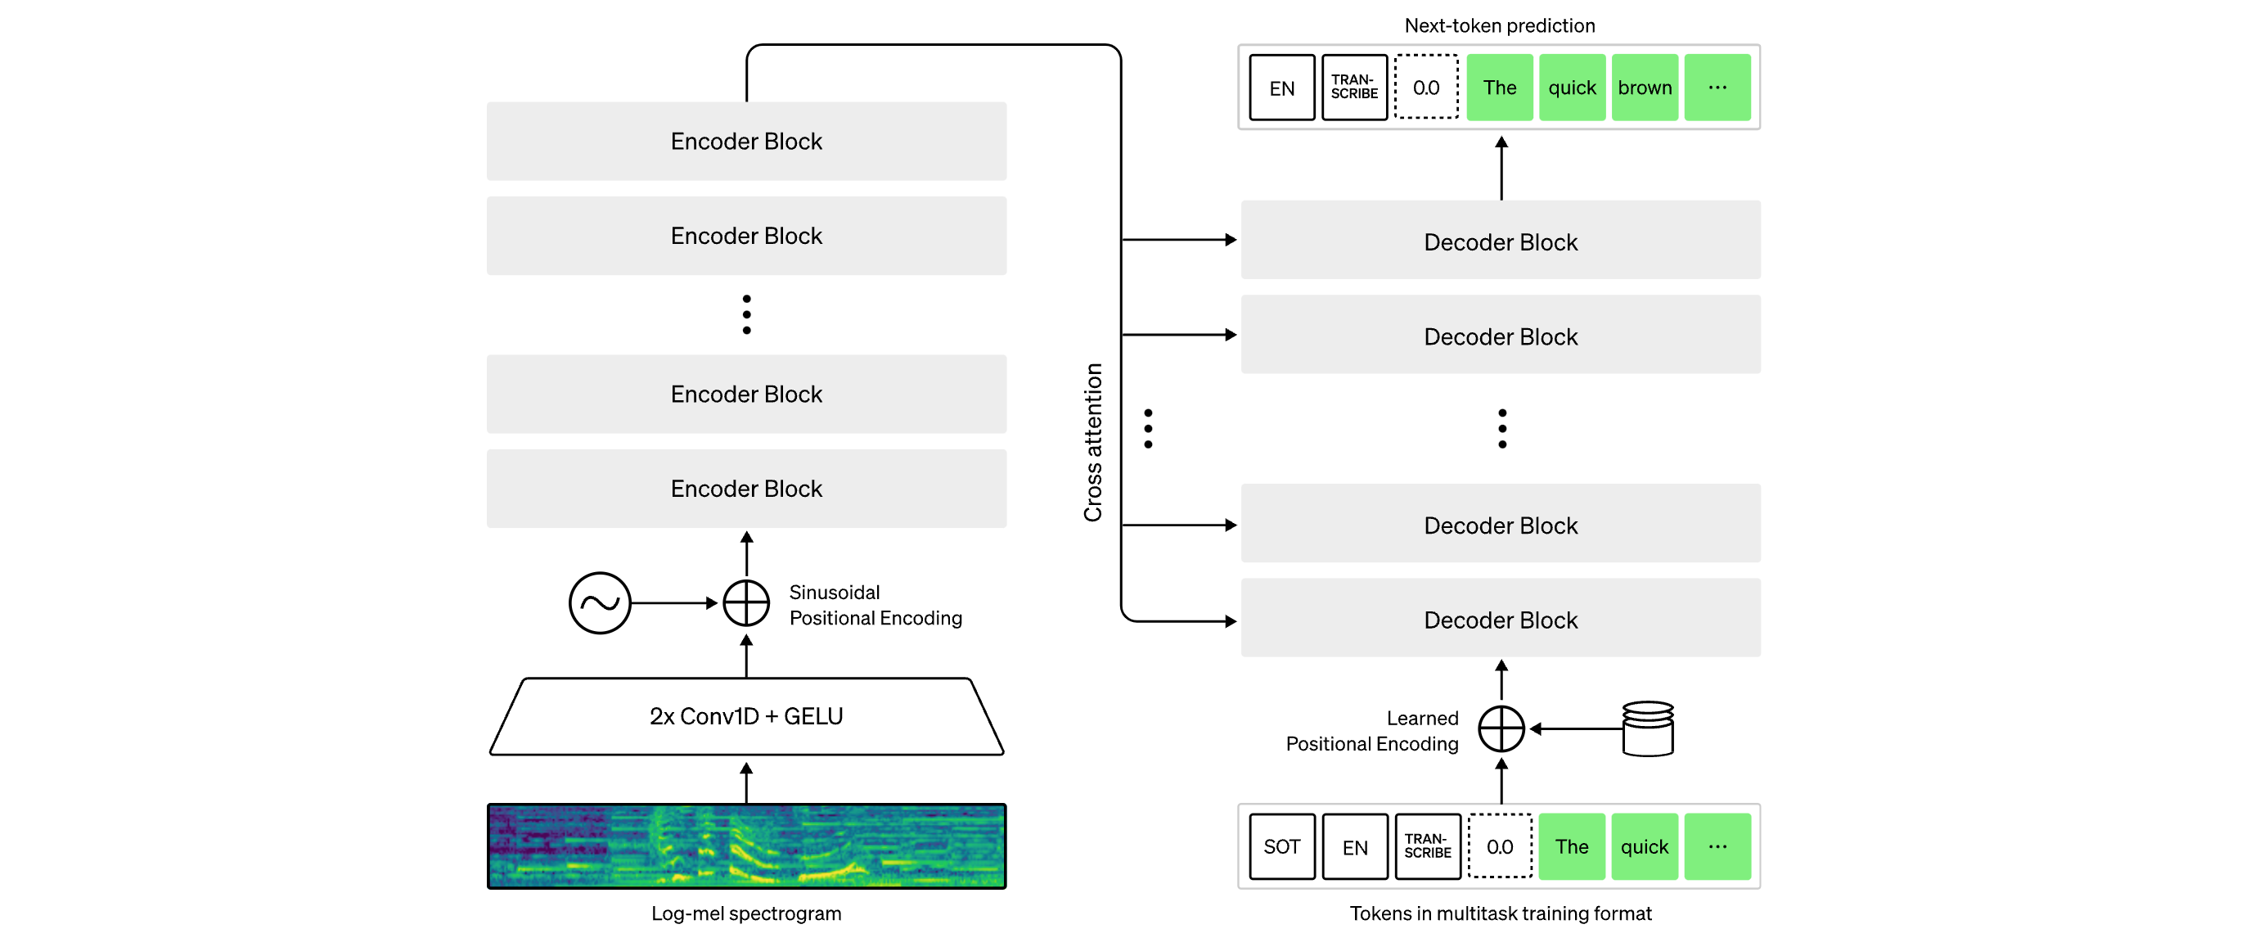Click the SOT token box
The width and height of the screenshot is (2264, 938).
click(1282, 846)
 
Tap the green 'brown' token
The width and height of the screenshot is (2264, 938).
click(1645, 87)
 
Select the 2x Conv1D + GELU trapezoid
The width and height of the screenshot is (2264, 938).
click(746, 716)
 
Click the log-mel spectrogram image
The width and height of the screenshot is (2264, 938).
click(746, 846)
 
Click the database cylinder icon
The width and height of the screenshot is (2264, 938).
click(1648, 728)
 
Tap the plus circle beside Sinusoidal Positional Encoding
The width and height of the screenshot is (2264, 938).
click(746, 603)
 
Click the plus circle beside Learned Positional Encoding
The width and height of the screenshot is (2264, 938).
click(1501, 728)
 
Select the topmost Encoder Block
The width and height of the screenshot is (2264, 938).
click(746, 142)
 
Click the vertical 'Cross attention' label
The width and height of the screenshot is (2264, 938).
click(1092, 442)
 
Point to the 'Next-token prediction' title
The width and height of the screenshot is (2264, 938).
click(1499, 25)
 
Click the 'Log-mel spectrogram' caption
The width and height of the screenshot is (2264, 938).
click(746, 913)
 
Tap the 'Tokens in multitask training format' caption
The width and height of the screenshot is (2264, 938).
click(1501, 913)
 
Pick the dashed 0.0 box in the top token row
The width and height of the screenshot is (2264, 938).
click(1426, 87)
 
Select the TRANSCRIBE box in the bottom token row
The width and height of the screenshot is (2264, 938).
click(1427, 846)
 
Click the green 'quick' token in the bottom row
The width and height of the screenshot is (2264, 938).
click(1645, 846)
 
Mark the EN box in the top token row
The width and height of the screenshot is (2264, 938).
click(1282, 87)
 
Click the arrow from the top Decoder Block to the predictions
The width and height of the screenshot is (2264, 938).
click(1501, 168)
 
